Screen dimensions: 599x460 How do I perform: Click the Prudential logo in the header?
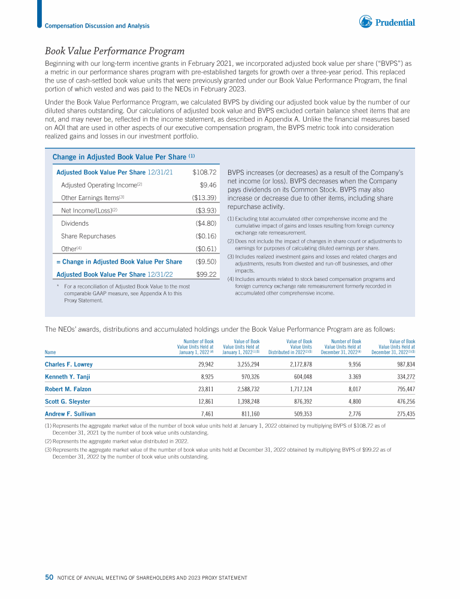(x=387, y=22)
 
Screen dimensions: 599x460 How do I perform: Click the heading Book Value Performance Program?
(x=114, y=51)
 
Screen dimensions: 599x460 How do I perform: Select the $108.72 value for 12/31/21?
(x=204, y=172)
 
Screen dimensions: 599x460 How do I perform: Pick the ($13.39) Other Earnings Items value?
(x=204, y=198)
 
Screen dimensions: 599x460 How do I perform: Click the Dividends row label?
(x=75, y=223)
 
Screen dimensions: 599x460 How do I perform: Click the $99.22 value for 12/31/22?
(x=206, y=274)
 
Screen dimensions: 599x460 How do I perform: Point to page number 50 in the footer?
(x=49, y=577)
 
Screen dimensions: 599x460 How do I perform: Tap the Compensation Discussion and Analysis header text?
(x=97, y=26)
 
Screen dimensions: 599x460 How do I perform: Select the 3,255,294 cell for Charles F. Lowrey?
(x=243, y=364)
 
